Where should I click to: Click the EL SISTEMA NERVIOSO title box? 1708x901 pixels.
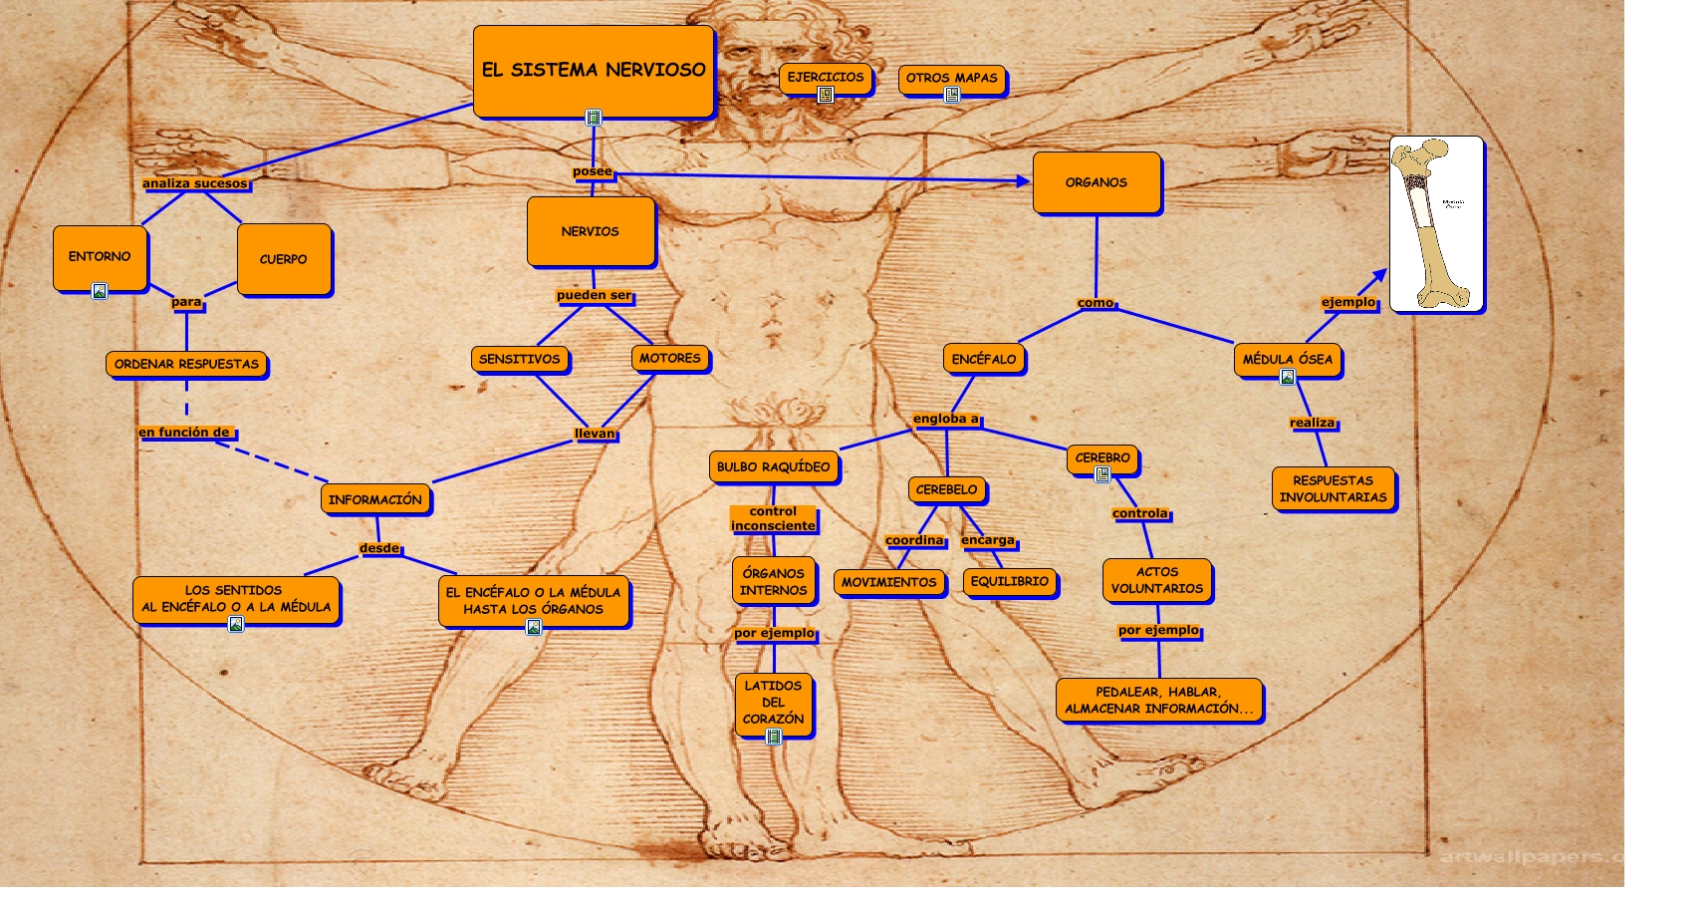point(594,70)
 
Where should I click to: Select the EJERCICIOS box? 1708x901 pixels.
point(826,77)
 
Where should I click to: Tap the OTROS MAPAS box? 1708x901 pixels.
point(951,78)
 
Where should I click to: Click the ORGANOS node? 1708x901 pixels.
point(1096,182)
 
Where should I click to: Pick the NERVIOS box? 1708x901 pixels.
point(591,231)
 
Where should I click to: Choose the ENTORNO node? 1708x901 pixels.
point(100,256)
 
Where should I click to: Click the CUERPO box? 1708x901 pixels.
point(284,259)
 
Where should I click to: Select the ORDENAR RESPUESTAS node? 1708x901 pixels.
point(186,364)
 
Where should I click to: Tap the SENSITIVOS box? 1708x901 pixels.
point(519,359)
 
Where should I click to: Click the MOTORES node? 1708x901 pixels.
point(670,358)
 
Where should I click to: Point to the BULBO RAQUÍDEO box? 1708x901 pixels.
point(773,466)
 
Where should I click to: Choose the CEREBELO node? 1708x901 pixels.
point(946,489)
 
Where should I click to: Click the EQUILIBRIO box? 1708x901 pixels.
point(1009,581)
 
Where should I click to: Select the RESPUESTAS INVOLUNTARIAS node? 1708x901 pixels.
point(1333,488)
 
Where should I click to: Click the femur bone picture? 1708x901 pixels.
point(1436,224)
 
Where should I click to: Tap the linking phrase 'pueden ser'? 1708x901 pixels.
point(594,295)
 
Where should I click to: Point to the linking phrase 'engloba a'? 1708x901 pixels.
point(946,419)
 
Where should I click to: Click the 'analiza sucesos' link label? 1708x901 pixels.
point(195,183)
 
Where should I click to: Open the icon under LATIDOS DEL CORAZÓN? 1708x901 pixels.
point(774,737)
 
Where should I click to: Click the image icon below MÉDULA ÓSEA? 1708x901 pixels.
point(1287,377)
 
